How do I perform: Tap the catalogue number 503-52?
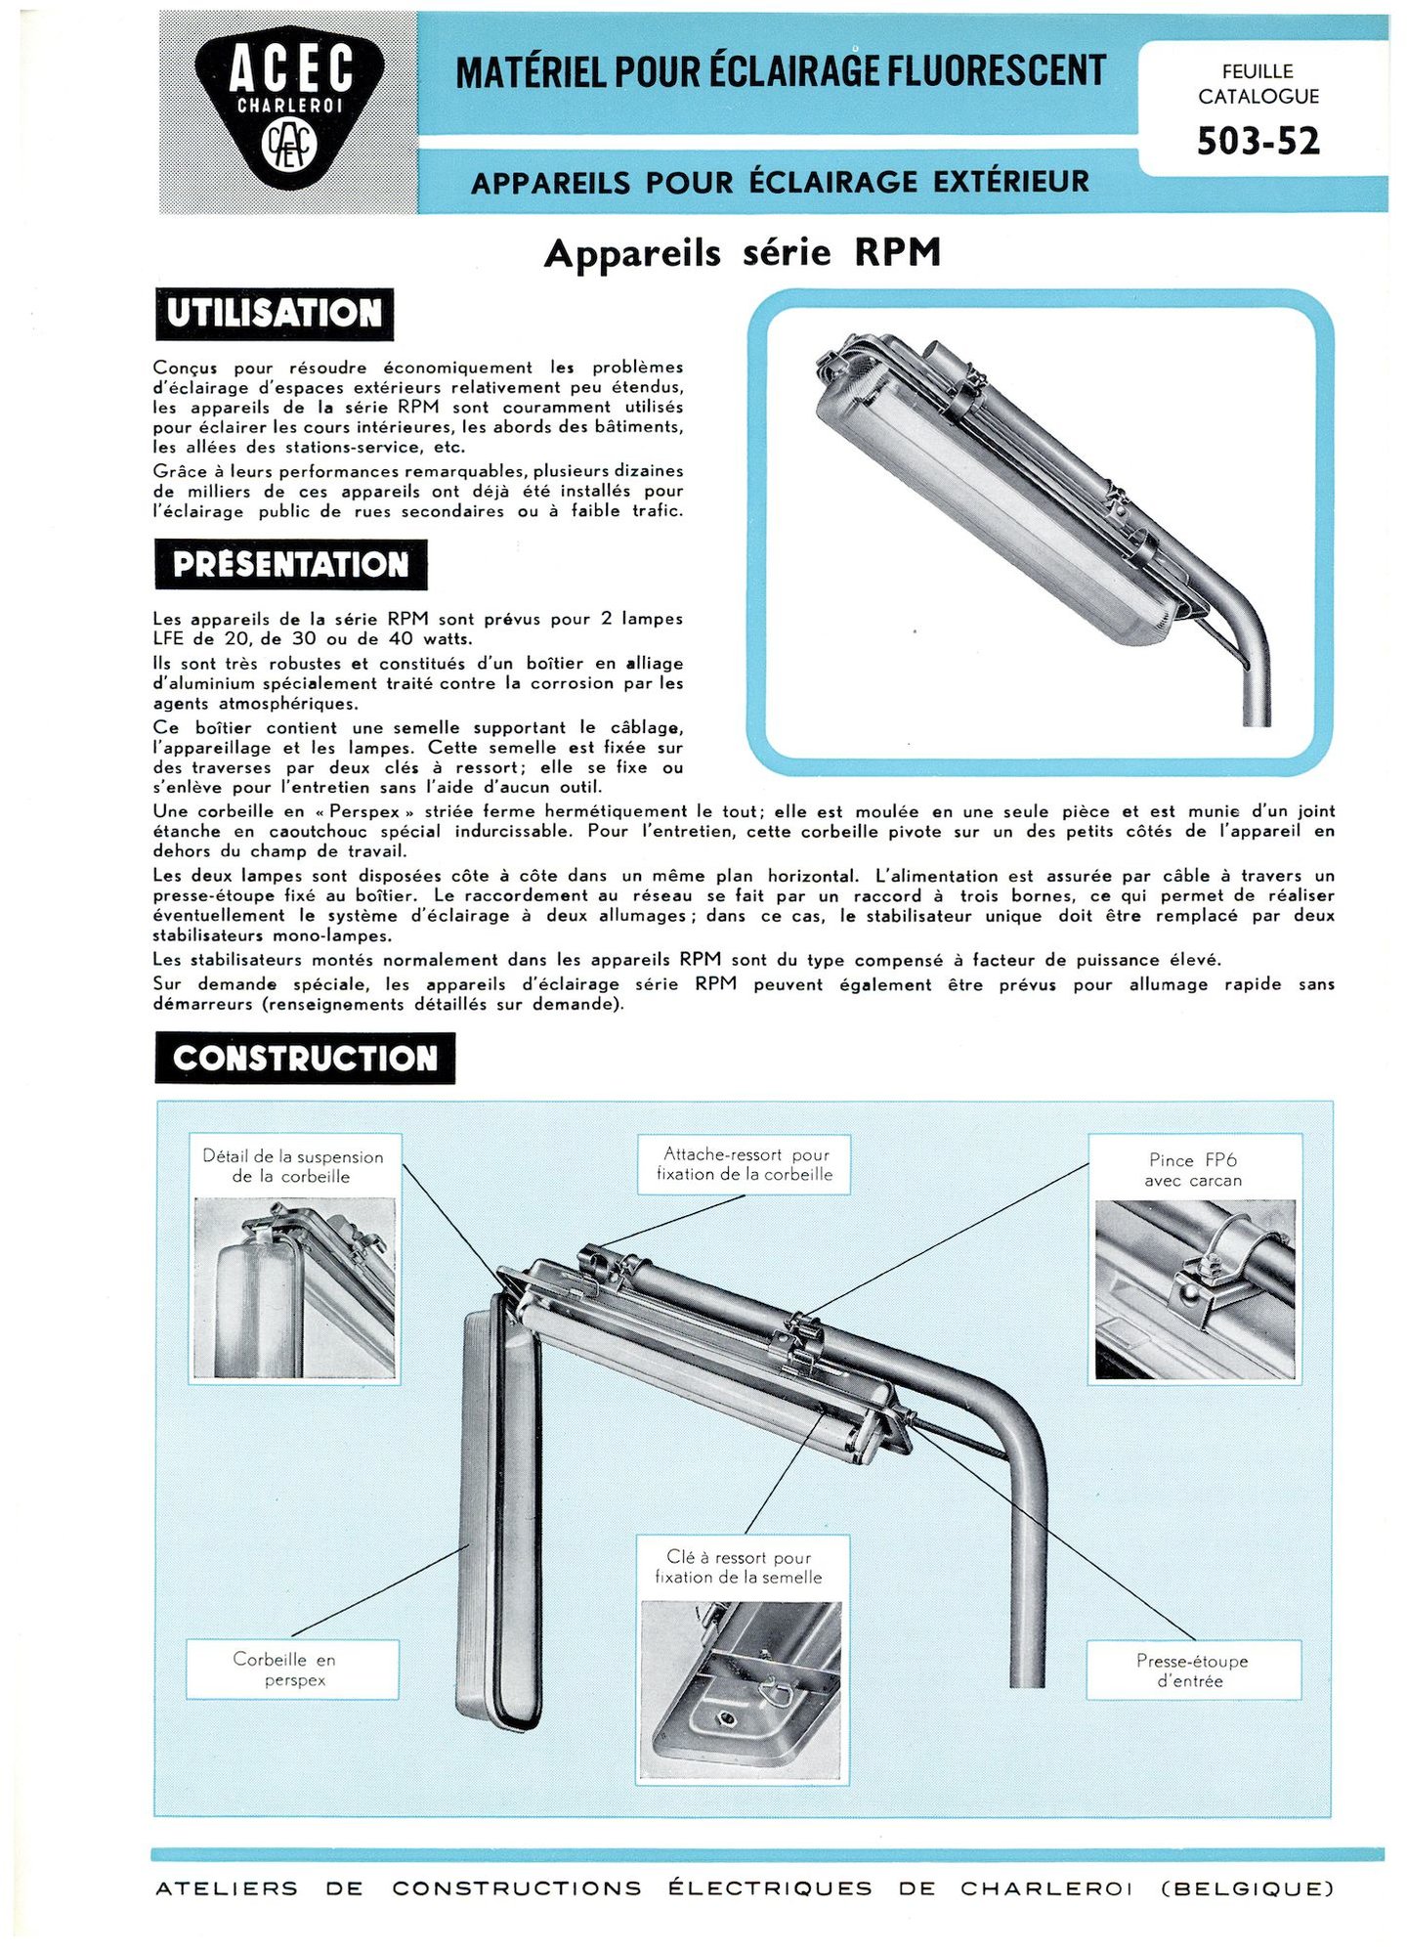click(x=1258, y=142)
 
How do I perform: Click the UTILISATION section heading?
click(x=275, y=314)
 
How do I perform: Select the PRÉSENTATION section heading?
click(x=290, y=565)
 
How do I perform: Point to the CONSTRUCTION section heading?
click(x=305, y=1059)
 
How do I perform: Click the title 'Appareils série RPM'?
click(x=743, y=253)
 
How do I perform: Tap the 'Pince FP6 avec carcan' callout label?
click(x=1193, y=1169)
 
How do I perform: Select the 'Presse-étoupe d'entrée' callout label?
click(x=1191, y=1670)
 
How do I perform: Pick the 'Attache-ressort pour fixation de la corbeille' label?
click(x=744, y=1164)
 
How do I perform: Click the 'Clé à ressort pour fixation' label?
click(x=740, y=1567)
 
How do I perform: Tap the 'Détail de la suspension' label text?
click(x=292, y=1166)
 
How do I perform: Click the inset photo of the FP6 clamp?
click(x=1194, y=1289)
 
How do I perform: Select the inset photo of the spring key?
click(x=741, y=1690)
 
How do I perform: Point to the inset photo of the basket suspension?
click(x=295, y=1287)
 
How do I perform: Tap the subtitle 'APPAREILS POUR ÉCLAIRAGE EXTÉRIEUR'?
click(x=780, y=183)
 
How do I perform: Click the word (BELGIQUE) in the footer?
click(x=1247, y=1888)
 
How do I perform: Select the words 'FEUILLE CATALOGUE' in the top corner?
click(x=1258, y=84)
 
